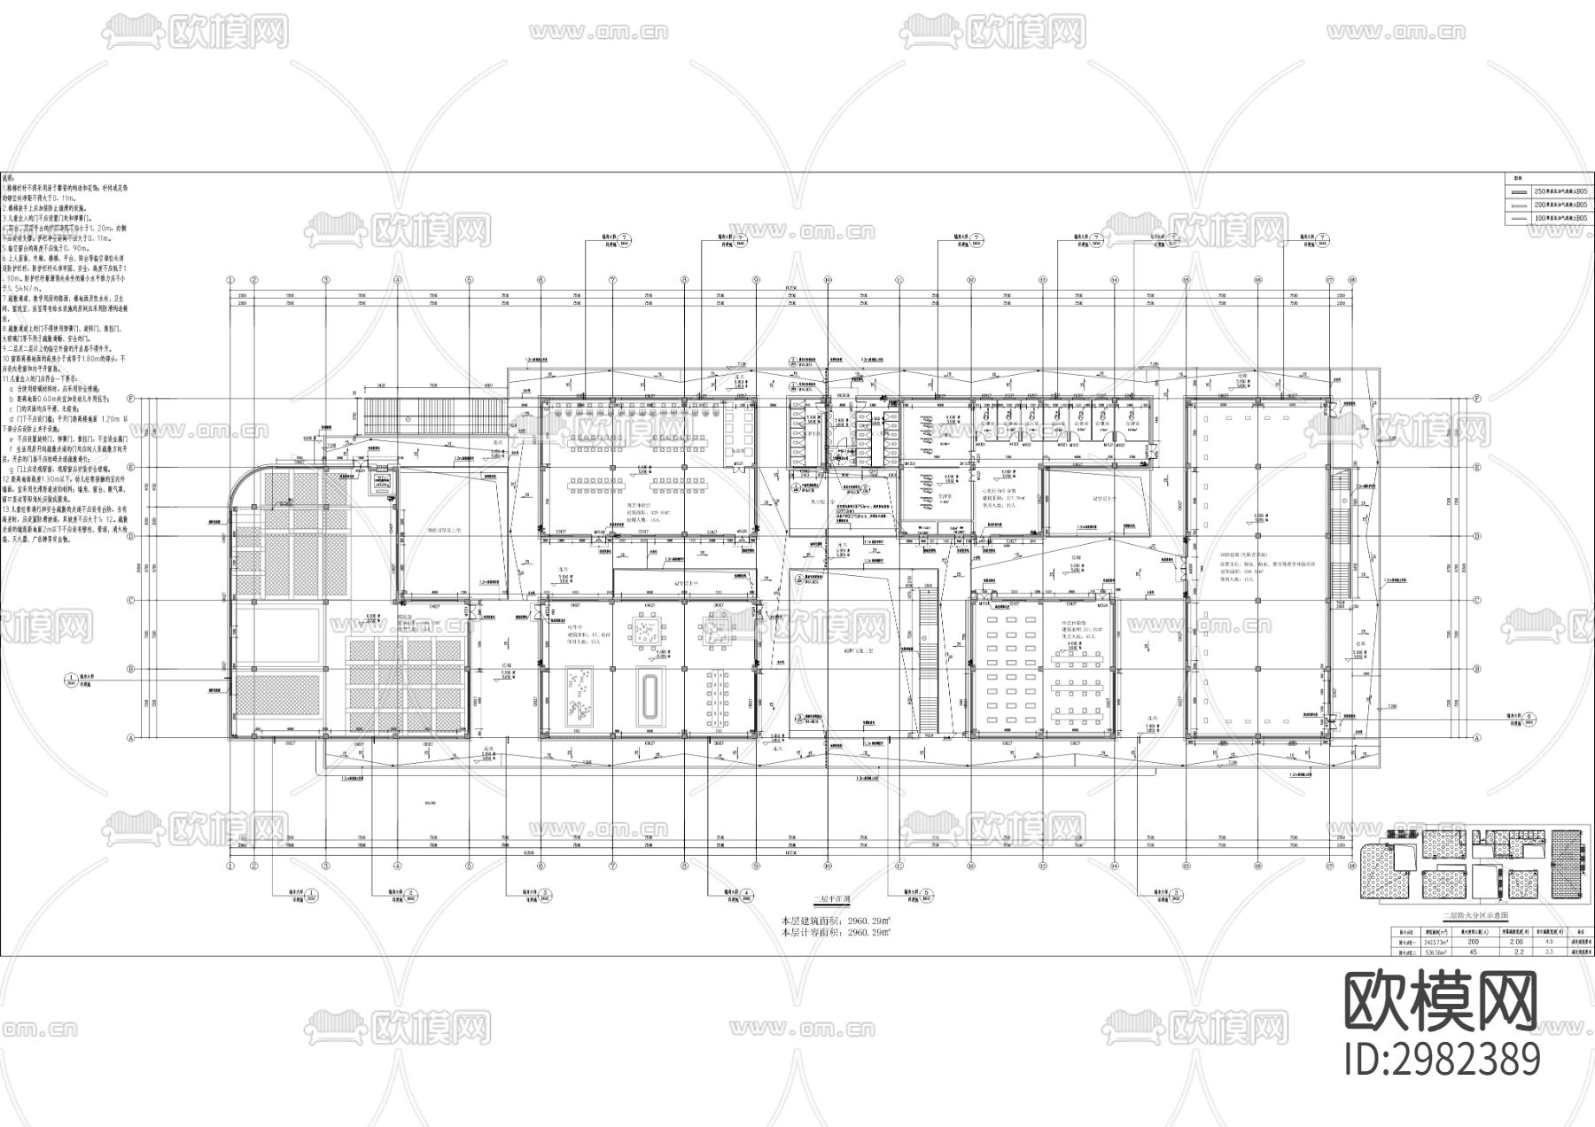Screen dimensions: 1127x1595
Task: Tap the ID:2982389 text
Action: coord(1442,1060)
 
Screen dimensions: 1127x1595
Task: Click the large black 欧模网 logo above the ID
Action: coord(1442,1002)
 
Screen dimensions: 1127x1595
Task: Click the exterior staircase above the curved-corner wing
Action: coord(434,414)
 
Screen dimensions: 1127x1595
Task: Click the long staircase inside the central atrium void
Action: coord(927,656)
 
